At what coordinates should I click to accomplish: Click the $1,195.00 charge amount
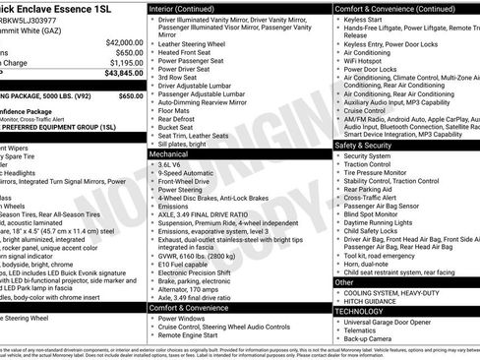pyautogui.click(x=125, y=63)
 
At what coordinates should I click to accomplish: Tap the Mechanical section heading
pyautogui.click(x=168, y=154)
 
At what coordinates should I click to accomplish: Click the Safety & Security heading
pyautogui.click(x=369, y=145)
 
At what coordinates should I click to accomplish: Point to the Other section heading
pyautogui.click(x=344, y=282)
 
